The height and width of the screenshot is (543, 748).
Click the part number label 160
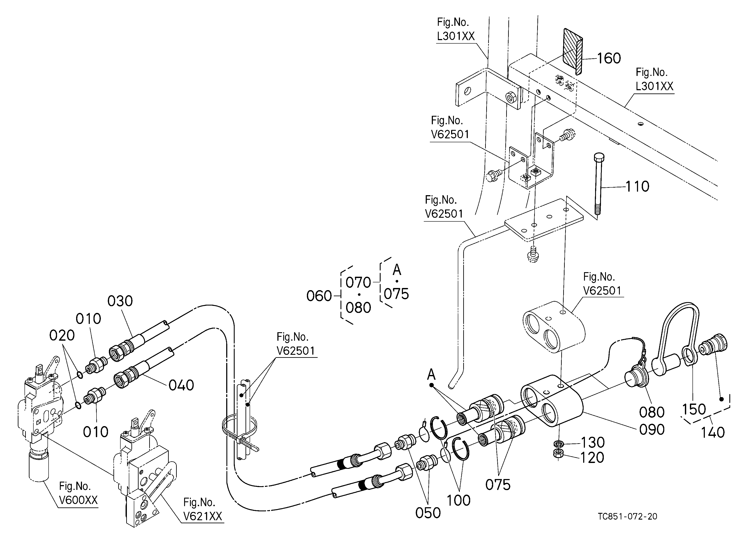click(x=609, y=58)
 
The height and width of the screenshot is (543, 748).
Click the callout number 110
click(x=637, y=187)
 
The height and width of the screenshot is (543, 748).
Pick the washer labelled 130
click(x=558, y=443)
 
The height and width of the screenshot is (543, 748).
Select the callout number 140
click(x=713, y=432)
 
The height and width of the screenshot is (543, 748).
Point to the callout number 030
click(x=120, y=301)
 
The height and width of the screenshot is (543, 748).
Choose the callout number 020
click(x=62, y=336)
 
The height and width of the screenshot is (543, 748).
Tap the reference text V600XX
click(x=79, y=500)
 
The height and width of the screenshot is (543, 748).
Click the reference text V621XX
click(x=203, y=516)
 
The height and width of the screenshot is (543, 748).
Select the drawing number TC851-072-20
click(x=628, y=525)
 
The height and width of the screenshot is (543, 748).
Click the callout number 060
click(x=319, y=296)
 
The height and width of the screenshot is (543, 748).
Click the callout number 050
click(x=428, y=513)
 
